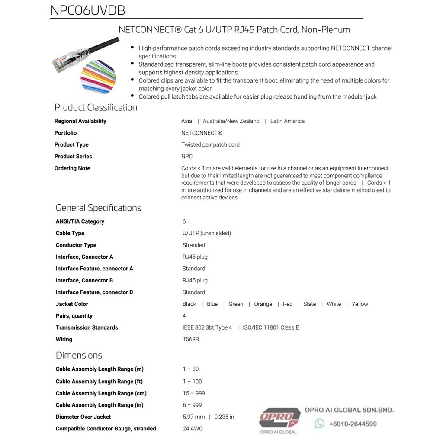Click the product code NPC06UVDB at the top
88,10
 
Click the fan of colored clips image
98,75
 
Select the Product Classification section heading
96,107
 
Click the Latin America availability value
287,121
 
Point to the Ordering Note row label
72,168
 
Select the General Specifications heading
98,208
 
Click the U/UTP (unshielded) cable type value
207,233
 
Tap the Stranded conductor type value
194,245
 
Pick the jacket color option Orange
263,304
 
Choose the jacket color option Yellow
360,304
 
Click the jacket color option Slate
310,304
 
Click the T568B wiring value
191,340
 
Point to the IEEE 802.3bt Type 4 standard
207,327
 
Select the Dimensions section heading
79,355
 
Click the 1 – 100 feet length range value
192,382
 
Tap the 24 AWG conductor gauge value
193,429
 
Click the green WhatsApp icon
319,424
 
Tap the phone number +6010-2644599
353,424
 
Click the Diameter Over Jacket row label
83,417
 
